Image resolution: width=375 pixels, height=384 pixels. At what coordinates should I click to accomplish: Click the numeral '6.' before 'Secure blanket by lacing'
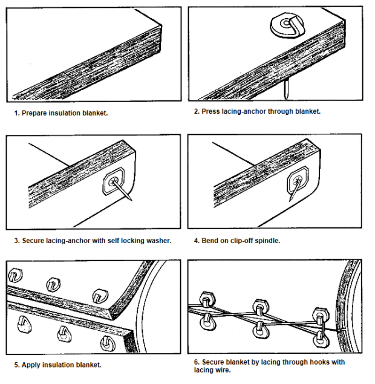coord(197,362)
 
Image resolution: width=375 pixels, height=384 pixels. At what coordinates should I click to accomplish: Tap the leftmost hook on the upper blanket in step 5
coord(15,275)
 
